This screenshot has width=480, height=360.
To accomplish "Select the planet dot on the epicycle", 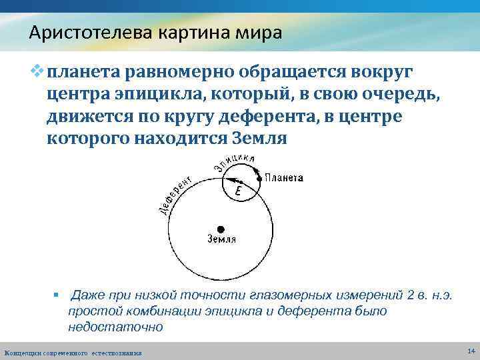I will [x=259, y=178].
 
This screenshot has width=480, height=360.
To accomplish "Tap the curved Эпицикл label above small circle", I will [x=233, y=161].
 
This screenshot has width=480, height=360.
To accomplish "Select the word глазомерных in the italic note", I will [x=301, y=295].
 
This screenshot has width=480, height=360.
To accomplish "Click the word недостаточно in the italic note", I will [x=115, y=327].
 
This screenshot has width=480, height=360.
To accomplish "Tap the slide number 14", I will [x=471, y=351].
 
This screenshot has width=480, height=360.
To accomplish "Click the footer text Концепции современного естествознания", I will [x=73, y=353].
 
